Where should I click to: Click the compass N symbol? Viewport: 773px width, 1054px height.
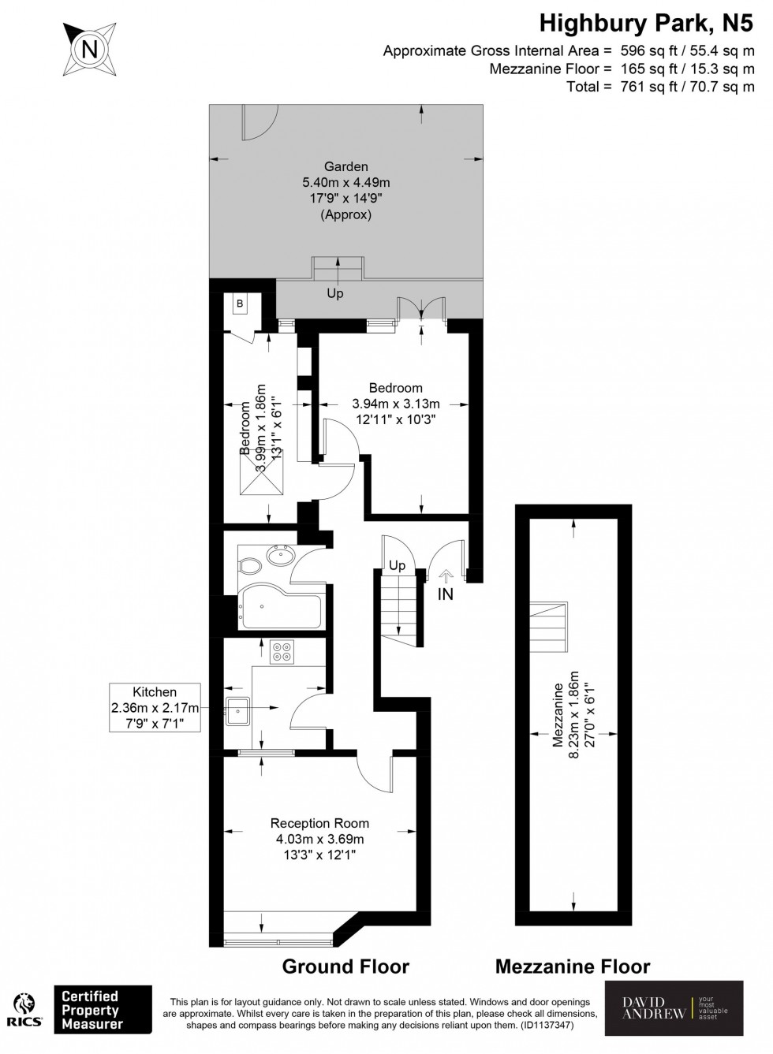coord(90,49)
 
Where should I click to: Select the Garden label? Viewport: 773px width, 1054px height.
coord(346,166)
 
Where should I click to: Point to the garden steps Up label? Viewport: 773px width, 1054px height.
coord(335,293)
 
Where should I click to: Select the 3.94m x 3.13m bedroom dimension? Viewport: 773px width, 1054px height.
coord(395,404)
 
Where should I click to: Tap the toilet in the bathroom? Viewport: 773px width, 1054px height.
coord(250,565)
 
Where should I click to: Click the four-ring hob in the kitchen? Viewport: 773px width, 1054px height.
coord(282,652)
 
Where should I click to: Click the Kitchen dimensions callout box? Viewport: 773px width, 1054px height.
coord(155,707)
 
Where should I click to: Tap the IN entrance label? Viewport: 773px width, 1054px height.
coord(446,594)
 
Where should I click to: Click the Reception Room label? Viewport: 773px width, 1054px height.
coord(319,822)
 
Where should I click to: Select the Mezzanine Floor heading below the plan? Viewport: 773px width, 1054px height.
coord(573,966)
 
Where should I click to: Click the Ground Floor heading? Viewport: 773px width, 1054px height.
coord(345,966)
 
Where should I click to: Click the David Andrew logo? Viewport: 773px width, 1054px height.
coord(674,1008)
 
